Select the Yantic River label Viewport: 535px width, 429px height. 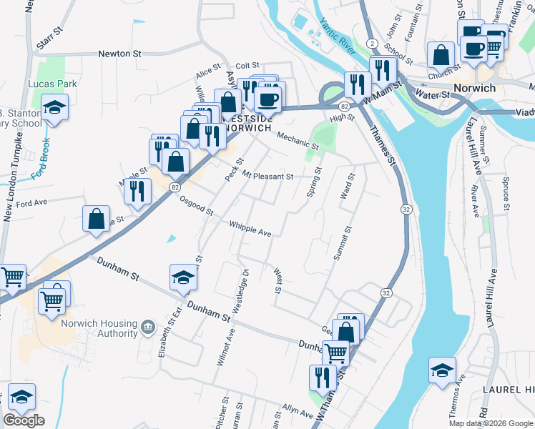click(x=338, y=36)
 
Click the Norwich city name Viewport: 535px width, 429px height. click(x=474, y=88)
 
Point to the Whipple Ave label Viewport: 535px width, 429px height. click(x=250, y=230)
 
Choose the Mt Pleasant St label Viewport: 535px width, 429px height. click(x=267, y=176)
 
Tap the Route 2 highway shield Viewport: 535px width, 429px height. click(x=373, y=44)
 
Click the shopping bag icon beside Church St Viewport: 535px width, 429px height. click(x=441, y=54)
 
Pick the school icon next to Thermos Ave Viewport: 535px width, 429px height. click(x=442, y=370)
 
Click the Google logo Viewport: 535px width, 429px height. click(x=24, y=420)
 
